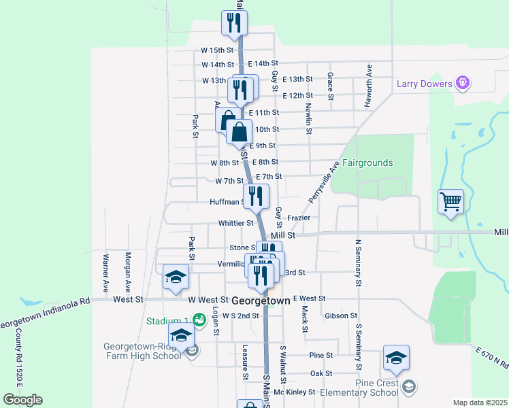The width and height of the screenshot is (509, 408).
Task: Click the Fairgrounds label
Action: coord(367,163)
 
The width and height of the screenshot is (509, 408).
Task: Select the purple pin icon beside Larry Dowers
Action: coord(463,83)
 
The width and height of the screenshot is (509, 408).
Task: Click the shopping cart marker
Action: coord(450,202)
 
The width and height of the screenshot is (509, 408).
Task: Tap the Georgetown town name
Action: coord(261,300)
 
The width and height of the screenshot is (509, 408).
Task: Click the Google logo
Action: coord(22,399)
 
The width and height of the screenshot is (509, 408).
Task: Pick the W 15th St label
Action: coord(217,50)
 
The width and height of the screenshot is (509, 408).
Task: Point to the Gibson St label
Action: coord(341,316)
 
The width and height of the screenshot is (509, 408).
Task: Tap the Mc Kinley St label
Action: coord(295,392)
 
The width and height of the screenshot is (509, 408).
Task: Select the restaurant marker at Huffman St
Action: coord(256,196)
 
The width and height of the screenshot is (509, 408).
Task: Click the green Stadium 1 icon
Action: coord(199,319)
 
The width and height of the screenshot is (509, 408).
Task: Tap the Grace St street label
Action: coord(330,86)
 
